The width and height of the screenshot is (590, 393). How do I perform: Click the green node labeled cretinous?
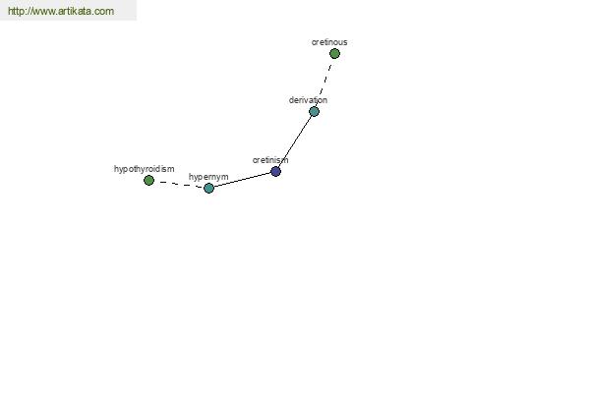click(x=334, y=54)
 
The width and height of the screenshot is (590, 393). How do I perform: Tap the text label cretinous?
click(x=329, y=42)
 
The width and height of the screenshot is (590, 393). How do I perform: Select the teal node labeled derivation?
click(x=315, y=111)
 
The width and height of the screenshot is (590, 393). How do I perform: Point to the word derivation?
click(x=308, y=100)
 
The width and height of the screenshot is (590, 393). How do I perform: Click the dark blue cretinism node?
click(x=275, y=172)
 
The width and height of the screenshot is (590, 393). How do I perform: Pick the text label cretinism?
click(x=270, y=160)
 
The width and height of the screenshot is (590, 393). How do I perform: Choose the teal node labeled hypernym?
click(x=208, y=188)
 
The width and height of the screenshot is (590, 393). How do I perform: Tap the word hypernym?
click(x=208, y=177)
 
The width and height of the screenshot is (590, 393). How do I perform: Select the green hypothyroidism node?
click(x=149, y=181)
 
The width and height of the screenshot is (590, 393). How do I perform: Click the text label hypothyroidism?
click(x=145, y=169)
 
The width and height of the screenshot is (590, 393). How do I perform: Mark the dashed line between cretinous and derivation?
click(x=325, y=80)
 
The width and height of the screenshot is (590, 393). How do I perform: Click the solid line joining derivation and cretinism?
click(x=295, y=141)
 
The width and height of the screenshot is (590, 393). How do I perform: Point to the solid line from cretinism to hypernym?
click(x=242, y=180)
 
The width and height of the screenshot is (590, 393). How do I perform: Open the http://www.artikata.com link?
click(x=61, y=11)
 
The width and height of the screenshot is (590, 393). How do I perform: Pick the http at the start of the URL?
click(x=15, y=11)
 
